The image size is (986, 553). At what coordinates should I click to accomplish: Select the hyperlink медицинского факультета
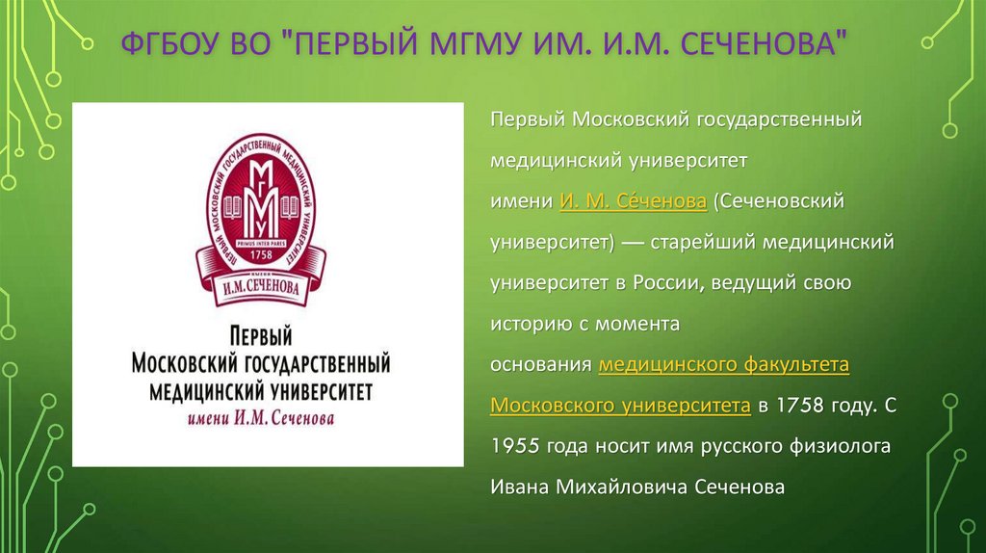[723, 365]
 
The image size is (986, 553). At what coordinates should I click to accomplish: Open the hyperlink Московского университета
[620, 406]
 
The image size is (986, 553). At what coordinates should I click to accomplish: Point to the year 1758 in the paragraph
[799, 406]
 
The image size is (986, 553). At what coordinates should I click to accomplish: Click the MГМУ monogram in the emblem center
[261, 192]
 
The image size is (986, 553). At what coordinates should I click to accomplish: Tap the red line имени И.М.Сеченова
[260, 418]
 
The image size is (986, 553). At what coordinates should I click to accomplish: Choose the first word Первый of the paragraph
[526, 121]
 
